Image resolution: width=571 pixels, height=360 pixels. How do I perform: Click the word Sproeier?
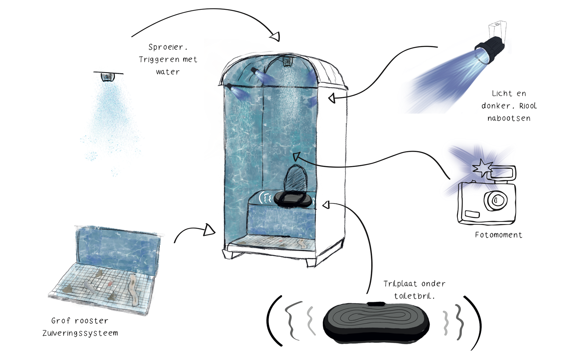tap(167, 47)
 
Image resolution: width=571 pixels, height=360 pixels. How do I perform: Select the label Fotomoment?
tap(498, 235)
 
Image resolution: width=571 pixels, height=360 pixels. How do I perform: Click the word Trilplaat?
tap(400, 284)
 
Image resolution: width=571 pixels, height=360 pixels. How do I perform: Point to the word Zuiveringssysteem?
tap(80, 333)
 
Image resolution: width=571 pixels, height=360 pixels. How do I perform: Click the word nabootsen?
tap(509, 118)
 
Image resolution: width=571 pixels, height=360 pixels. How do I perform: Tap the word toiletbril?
tap(414, 296)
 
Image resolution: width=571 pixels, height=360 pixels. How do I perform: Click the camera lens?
tap(496, 200)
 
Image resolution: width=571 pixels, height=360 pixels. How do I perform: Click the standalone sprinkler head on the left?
tap(108, 77)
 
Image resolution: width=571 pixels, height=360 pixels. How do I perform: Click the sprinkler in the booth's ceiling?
tap(288, 62)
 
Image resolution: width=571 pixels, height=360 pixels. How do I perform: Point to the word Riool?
tap(528, 106)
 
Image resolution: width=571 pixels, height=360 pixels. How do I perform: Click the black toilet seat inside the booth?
tap(293, 199)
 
